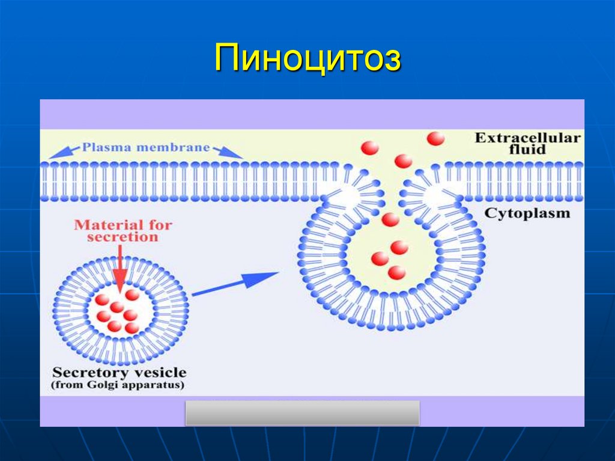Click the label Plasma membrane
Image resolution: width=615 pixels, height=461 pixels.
point(146,147)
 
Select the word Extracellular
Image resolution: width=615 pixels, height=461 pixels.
point(527,138)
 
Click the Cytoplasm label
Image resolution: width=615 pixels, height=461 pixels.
point(527,213)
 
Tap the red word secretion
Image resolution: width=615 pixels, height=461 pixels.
point(123,237)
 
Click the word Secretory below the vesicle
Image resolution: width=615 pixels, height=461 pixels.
point(89,373)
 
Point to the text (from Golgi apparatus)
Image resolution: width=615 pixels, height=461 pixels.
point(118,385)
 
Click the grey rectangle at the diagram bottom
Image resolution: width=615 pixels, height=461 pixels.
point(302,413)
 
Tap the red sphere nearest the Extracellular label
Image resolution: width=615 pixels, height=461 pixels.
point(436,139)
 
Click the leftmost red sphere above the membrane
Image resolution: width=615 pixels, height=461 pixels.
point(370,148)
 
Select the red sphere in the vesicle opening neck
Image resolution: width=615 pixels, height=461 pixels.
point(390,220)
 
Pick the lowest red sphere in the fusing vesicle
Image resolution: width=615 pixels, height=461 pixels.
point(396,273)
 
